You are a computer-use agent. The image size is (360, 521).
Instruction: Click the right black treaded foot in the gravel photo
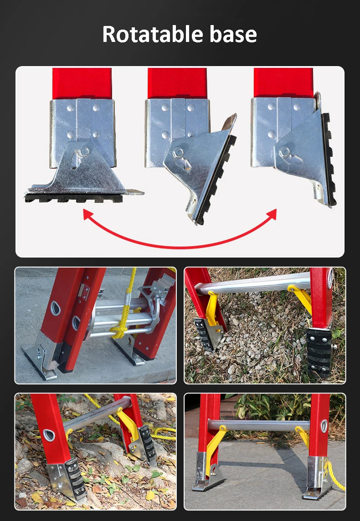319,351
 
